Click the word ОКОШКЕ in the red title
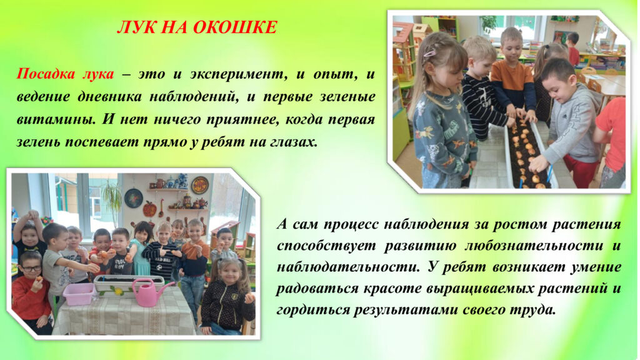point(235,27)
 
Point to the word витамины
point(56,119)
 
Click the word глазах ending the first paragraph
point(294,142)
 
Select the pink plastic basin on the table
point(78,294)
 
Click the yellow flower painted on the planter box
point(118,291)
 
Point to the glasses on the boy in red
point(31,268)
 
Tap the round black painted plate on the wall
point(134,198)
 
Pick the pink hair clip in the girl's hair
point(430,52)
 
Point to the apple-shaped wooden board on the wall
point(149,208)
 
